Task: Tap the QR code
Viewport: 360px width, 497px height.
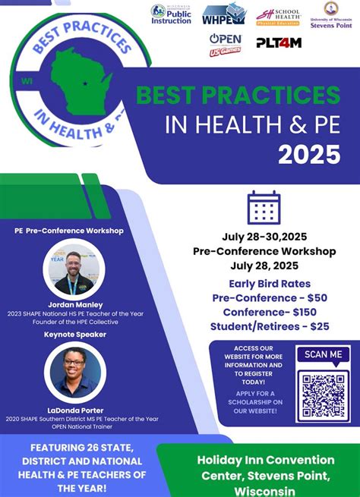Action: tap(324, 396)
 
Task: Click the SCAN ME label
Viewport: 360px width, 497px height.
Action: tap(324, 354)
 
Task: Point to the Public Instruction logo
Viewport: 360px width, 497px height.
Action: tap(171, 14)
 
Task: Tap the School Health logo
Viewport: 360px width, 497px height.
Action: tap(278, 15)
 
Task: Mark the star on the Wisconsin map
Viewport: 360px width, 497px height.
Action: tap(85, 83)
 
